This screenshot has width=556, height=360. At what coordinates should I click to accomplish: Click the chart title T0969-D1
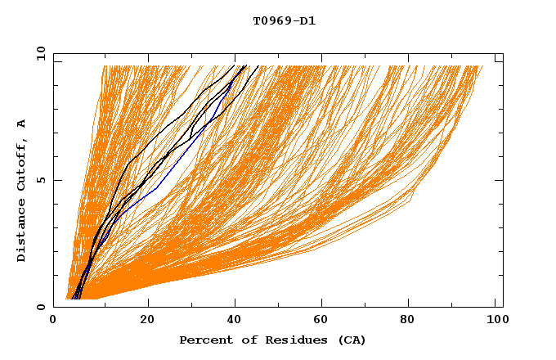pos(284,21)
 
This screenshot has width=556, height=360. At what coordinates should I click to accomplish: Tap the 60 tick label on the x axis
pos(323,320)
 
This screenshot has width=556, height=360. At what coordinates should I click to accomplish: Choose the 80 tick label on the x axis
pos(413,320)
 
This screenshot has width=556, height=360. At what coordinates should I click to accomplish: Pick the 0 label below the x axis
pos(53,320)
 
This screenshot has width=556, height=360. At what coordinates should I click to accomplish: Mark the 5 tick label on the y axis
pos(39,180)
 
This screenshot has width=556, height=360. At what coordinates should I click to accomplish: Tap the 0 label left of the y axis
pos(39,307)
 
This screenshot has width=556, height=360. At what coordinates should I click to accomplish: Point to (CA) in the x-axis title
pos(350,340)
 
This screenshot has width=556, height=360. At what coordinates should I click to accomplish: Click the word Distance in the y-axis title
pos(21,234)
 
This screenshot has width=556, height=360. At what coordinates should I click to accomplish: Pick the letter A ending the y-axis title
pos(21,124)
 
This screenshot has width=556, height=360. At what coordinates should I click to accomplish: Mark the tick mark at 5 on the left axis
pos(56,180)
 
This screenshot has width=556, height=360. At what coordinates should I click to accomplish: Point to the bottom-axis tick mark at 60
pos(323,304)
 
